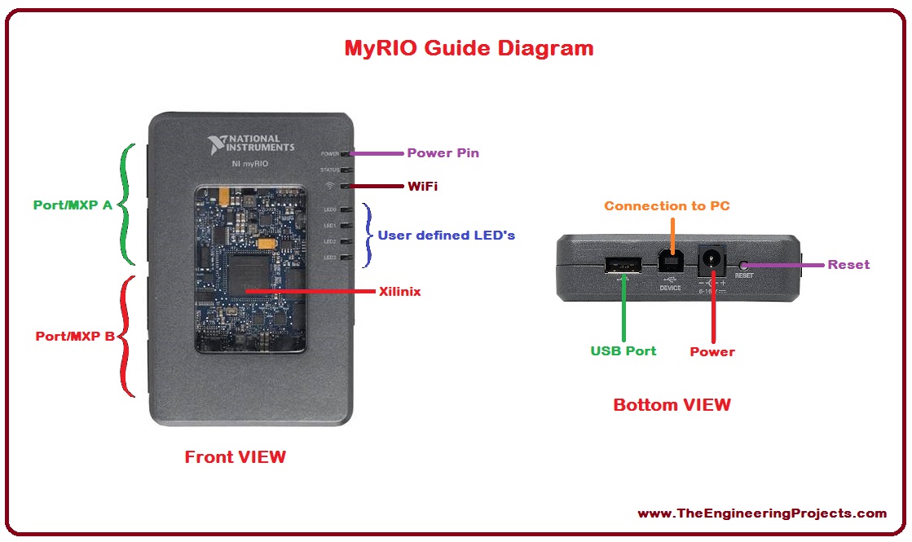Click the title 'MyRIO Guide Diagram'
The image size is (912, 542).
coord(469,48)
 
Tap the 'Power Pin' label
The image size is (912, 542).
coord(443,153)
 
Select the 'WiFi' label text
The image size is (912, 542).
coord(422,187)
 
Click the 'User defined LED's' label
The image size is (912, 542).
coord(446,236)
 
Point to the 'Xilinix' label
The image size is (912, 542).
coord(399,291)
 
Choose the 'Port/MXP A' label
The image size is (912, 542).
coord(73,205)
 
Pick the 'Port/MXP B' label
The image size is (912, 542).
coord(75,336)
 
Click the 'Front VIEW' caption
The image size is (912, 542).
coord(235,457)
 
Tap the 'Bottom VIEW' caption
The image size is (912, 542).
coord(672,405)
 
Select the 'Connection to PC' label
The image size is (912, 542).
coord(667,206)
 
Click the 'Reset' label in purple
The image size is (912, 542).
coord(848,265)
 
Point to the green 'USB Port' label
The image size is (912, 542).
coord(623,351)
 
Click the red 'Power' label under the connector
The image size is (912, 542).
coord(712,352)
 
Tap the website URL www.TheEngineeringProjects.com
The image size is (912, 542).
coord(761,513)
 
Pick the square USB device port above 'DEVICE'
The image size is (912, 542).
coord(670,262)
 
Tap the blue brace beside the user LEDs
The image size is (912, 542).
coord(368,235)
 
